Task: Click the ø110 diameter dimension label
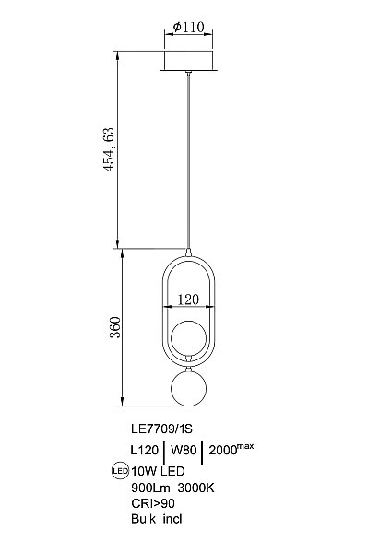tap(189, 27)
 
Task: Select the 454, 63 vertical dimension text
tap(110, 149)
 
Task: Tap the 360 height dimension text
tap(115, 327)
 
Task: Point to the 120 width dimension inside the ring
tap(188, 300)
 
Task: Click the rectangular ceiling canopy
tap(189, 60)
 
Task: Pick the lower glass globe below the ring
tap(189, 388)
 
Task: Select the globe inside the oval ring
tap(189, 337)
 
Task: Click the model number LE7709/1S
tap(161, 429)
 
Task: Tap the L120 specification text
tap(145, 450)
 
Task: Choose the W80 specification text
tap(184, 450)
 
